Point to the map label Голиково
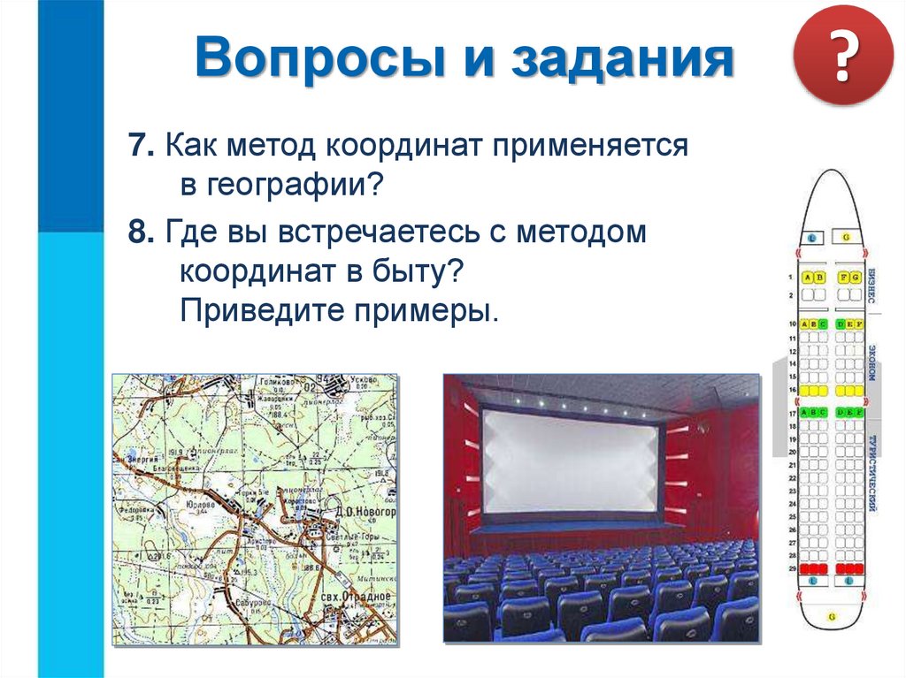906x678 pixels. (x=275, y=382)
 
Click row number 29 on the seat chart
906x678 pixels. (x=793, y=568)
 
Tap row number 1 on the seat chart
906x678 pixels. (x=793, y=278)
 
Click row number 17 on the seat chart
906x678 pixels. (x=793, y=413)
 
